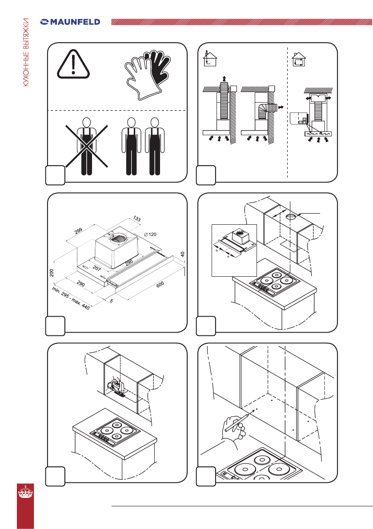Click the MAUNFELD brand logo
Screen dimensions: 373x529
pyautogui.click(x=70, y=22)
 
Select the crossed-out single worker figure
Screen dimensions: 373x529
pyautogui.click(x=87, y=146)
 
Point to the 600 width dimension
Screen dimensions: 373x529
pyautogui.click(x=160, y=284)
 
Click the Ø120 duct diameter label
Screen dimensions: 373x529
pyautogui.click(x=150, y=234)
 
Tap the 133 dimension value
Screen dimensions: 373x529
pyautogui.click(x=137, y=219)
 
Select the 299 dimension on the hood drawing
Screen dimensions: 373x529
pyautogui.click(x=78, y=231)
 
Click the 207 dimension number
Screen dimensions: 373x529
pyautogui.click(x=96, y=268)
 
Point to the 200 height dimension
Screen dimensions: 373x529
pyautogui.click(x=52, y=273)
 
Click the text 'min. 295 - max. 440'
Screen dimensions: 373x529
pyautogui.click(x=71, y=298)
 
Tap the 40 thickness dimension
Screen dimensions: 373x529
pyautogui.click(x=183, y=254)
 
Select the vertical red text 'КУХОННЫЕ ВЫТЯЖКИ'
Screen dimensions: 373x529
pyautogui.click(x=26, y=52)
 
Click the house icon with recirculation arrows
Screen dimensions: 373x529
pyautogui.click(x=299, y=60)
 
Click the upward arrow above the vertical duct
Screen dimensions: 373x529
pyautogui.click(x=224, y=80)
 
